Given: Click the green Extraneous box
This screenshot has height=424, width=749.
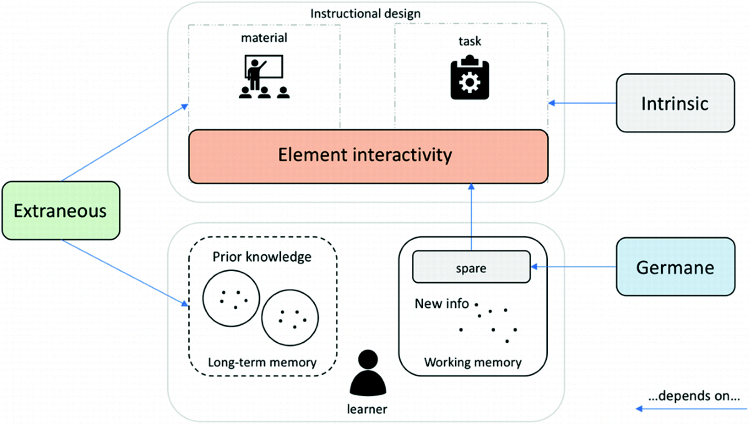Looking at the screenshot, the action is click(61, 210).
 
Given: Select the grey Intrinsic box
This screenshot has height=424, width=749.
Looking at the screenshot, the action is click(675, 103).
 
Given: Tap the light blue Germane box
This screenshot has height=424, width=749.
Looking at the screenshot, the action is click(675, 267).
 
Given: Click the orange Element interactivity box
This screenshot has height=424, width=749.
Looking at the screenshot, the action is click(368, 156).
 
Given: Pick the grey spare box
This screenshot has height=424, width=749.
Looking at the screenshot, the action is click(471, 267).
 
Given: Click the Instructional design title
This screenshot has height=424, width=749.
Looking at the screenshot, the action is click(366, 14).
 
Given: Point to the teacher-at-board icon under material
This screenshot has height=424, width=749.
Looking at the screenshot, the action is click(264, 77).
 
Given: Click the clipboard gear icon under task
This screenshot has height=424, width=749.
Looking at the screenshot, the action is click(470, 77).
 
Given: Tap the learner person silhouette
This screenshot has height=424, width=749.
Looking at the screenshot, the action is click(368, 373).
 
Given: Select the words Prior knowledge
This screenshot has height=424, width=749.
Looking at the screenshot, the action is click(262, 257).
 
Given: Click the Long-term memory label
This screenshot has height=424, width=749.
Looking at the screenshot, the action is click(262, 362).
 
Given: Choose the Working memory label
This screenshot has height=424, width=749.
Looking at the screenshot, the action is click(473, 362).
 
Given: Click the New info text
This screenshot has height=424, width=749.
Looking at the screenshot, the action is click(442, 303).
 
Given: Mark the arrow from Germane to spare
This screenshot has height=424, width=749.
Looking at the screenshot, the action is click(574, 267).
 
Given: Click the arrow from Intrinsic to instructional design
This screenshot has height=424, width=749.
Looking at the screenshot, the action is click(582, 103).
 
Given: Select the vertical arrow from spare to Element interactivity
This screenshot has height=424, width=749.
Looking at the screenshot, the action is click(471, 217).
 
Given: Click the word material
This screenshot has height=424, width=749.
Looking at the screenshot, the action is click(264, 38).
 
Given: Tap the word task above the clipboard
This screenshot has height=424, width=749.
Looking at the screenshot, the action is click(470, 41).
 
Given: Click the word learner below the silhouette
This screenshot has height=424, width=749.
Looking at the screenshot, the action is click(367, 409).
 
